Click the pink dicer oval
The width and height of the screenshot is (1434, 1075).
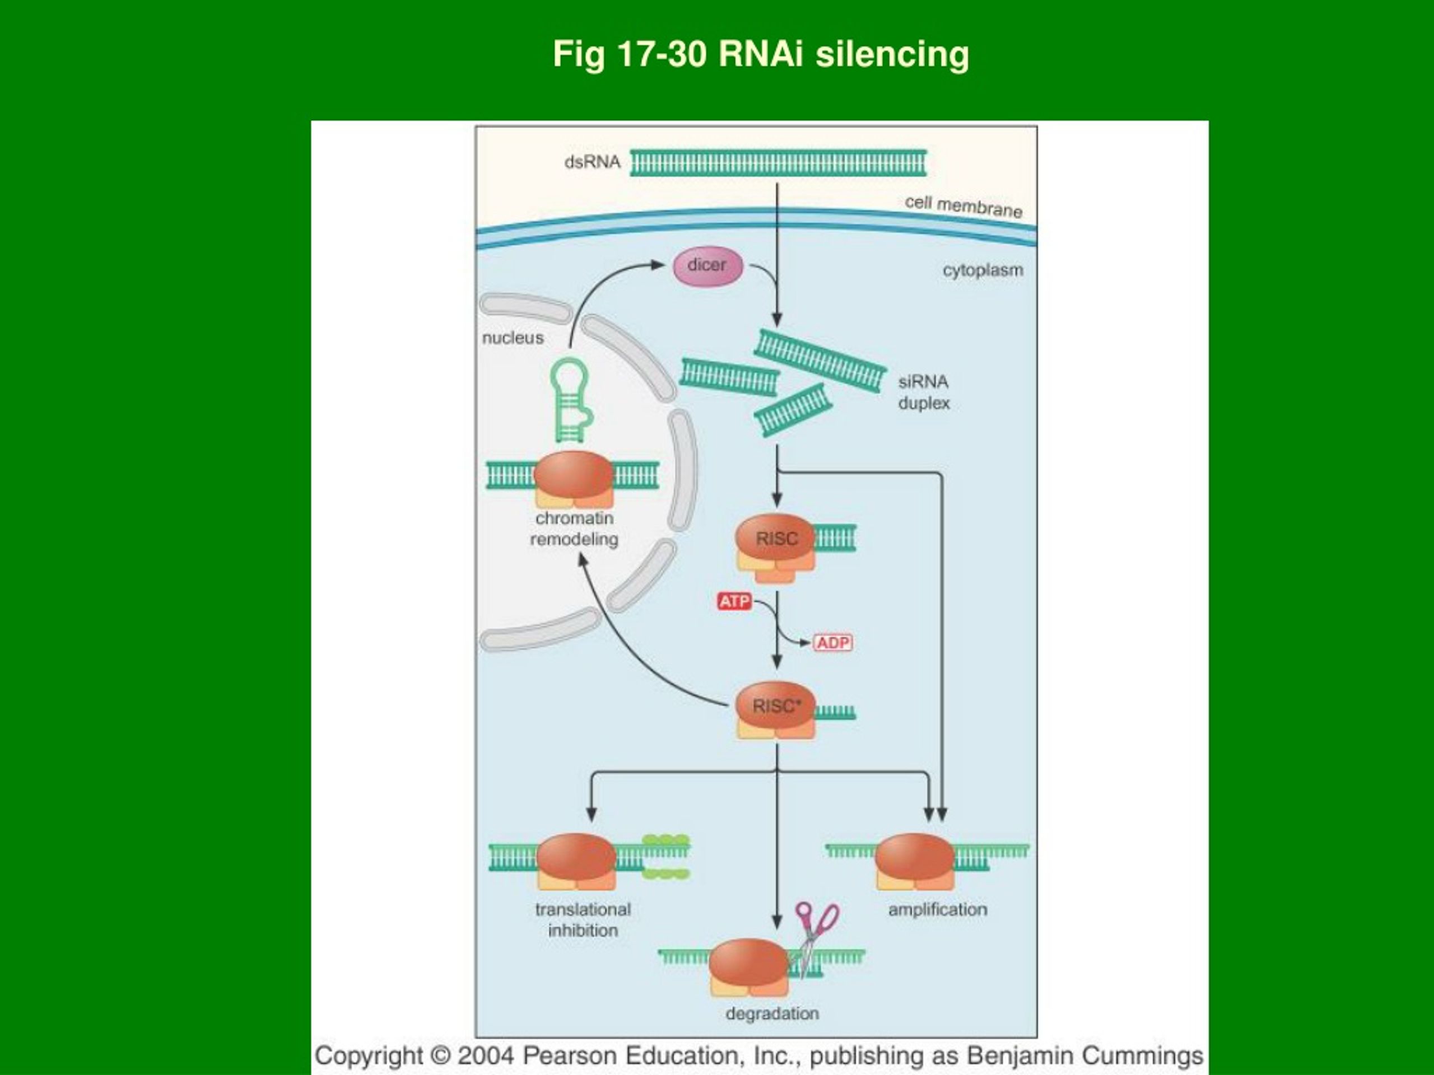pyautogui.click(x=707, y=267)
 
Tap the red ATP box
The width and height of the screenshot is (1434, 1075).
pyautogui.click(x=734, y=601)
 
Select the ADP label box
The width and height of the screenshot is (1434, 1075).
pyautogui.click(x=833, y=643)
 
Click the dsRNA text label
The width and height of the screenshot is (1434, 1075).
pyautogui.click(x=593, y=162)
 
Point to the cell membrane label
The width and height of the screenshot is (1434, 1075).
pyautogui.click(x=963, y=207)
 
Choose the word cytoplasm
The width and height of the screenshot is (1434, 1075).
pyautogui.click(x=983, y=270)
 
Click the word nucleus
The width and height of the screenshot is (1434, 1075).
pyautogui.click(x=513, y=338)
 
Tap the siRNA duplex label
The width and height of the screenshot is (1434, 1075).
pyautogui.click(x=924, y=392)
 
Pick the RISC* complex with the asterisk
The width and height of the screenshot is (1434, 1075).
pyautogui.click(x=775, y=709)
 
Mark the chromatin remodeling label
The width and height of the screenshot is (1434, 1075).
pyautogui.click(x=574, y=529)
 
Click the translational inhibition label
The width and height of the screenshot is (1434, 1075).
pyautogui.click(x=583, y=919)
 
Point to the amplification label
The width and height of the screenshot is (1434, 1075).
pyautogui.click(x=937, y=910)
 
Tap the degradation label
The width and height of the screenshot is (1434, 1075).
pyautogui.click(x=772, y=1013)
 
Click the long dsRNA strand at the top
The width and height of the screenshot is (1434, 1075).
pyautogui.click(x=778, y=162)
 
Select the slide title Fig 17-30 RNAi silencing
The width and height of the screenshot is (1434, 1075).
pyautogui.click(x=761, y=54)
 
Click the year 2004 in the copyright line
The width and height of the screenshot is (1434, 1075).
pyautogui.click(x=486, y=1055)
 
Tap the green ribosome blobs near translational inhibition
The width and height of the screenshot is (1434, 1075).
pyautogui.click(x=666, y=857)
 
